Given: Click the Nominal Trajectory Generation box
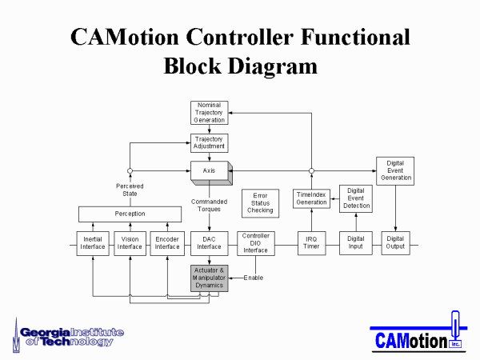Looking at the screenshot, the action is (x=210, y=113).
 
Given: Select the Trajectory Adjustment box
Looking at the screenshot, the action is (x=210, y=143).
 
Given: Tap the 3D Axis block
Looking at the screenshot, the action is (x=211, y=173).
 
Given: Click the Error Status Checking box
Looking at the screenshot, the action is (x=260, y=203).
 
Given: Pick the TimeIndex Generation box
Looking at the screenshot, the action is (x=311, y=198).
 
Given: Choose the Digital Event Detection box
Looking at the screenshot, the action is (x=356, y=198).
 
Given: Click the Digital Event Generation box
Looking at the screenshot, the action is (x=395, y=171).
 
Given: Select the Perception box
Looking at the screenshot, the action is (x=130, y=214).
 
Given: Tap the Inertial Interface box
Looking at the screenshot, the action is (x=93, y=243).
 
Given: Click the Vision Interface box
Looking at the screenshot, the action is (x=130, y=243).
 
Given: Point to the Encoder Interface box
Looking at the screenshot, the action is (x=167, y=243).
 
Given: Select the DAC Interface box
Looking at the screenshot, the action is (x=210, y=243).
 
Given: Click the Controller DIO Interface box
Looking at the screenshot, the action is (x=256, y=243).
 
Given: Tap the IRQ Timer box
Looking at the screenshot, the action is (x=312, y=243).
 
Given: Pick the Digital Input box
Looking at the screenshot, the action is (x=356, y=243).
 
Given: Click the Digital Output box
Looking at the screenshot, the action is (x=395, y=243).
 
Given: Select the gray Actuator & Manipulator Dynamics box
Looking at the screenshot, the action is (x=210, y=278).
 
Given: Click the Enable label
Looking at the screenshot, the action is (x=254, y=278).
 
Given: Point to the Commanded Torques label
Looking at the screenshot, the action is (x=209, y=206).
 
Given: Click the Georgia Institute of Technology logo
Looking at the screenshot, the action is (x=68, y=336).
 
